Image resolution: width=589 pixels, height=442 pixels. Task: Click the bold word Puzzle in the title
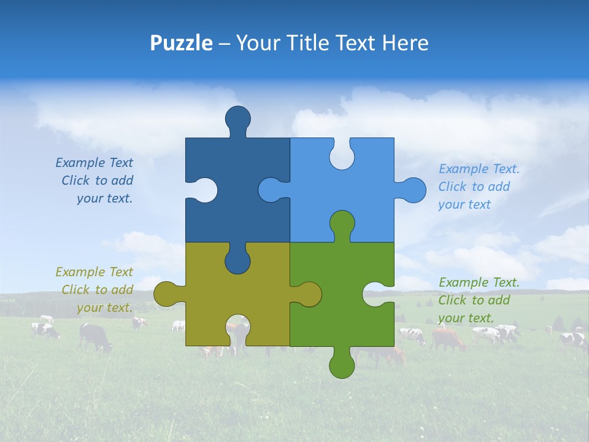[181, 43]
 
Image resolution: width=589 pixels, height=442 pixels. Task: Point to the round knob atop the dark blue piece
[237, 118]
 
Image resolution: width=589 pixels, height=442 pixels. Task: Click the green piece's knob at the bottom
[342, 365]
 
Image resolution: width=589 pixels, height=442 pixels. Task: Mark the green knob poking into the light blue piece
[342, 223]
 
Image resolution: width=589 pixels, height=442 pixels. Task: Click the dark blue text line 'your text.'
[104, 199]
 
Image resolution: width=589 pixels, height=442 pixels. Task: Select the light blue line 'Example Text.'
[479, 169]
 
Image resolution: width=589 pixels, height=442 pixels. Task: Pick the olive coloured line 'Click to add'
[97, 290]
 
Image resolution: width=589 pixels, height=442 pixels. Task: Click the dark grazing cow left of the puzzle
[95, 337]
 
